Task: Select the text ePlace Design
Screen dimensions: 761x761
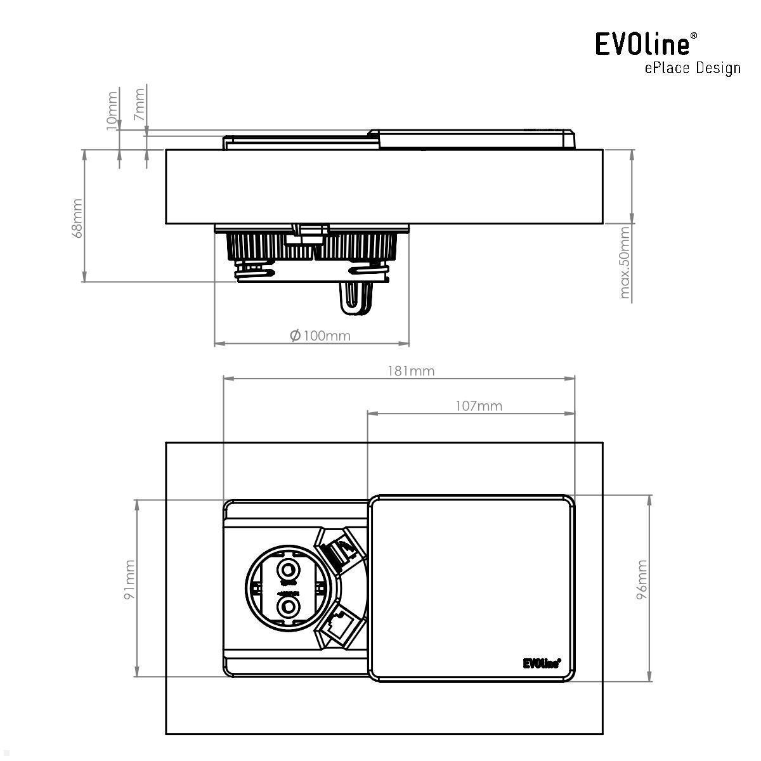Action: (x=692, y=68)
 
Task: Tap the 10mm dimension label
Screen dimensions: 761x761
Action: (x=112, y=109)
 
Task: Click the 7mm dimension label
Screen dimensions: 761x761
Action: (x=140, y=105)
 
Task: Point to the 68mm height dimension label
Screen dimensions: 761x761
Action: (x=77, y=218)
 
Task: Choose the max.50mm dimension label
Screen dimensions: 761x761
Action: (x=625, y=264)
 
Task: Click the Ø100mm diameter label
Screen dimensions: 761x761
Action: (x=320, y=335)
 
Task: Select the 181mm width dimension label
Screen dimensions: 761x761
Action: (x=411, y=371)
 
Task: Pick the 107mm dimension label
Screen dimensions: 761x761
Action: (x=479, y=406)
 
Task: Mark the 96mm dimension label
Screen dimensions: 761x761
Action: (x=642, y=579)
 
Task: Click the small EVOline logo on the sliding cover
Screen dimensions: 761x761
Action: (x=542, y=663)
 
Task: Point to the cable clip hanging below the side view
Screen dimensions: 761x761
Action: (x=356, y=296)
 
